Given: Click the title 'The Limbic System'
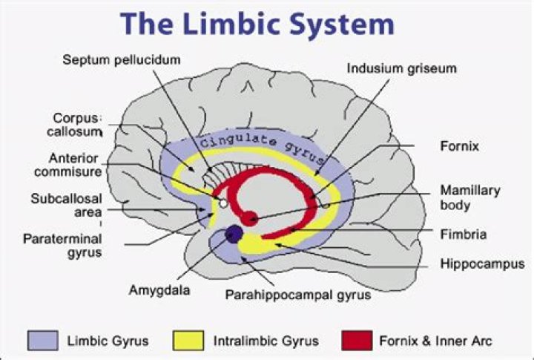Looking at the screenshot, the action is [257, 23].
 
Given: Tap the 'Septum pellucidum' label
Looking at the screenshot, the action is [122, 60].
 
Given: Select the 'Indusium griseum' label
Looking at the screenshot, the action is [401, 68].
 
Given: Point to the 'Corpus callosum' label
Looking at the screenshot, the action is [75, 125].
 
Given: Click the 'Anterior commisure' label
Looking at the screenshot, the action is [67, 165].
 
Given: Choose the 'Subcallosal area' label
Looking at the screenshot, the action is [67, 205].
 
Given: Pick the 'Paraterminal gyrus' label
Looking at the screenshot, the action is [62, 246].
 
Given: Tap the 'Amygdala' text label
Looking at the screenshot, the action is [159, 290].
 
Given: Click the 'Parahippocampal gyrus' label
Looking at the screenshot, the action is [298, 295].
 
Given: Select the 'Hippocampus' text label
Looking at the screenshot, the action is [482, 264].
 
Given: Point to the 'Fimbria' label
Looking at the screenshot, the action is [463, 235].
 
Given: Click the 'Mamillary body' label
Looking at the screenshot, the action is [470, 197].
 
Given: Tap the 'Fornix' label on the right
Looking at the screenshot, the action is [459, 146].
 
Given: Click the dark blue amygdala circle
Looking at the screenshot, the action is [234, 235].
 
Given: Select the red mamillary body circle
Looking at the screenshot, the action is [250, 218].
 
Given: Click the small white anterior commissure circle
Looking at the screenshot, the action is [223, 203].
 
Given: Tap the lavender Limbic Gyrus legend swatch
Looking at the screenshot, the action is [42, 340].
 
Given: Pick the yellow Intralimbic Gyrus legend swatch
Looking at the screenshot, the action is [188, 340].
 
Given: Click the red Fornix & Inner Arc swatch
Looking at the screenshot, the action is [357, 340].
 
